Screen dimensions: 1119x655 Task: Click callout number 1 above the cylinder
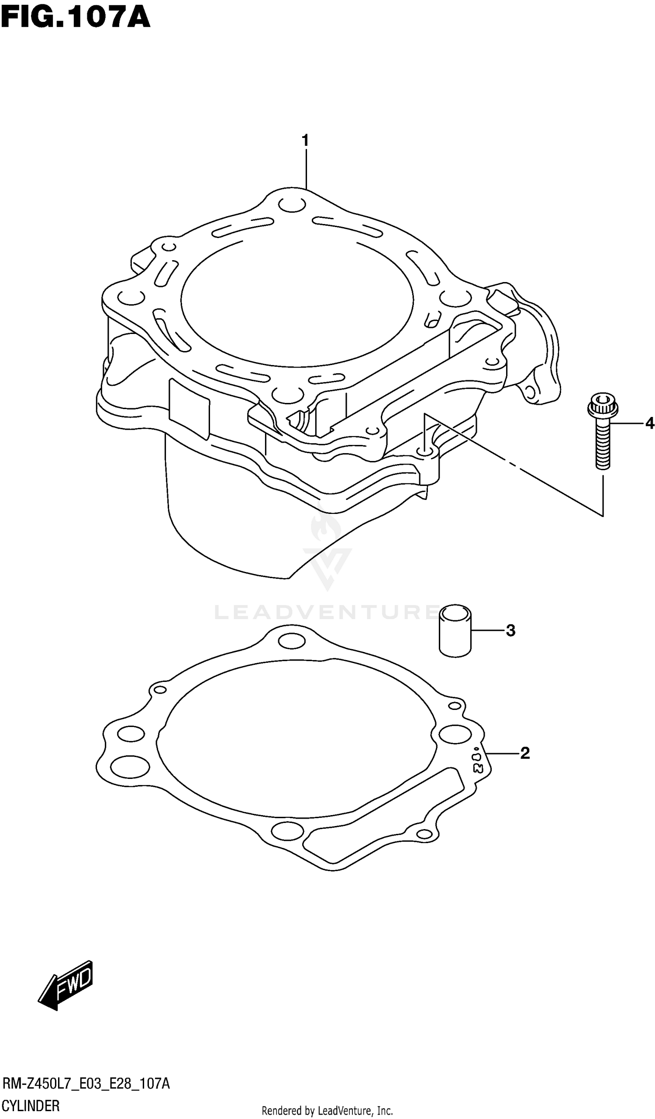(305, 141)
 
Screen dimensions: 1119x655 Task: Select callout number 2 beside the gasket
(524, 753)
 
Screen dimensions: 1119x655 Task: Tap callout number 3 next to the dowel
(510, 630)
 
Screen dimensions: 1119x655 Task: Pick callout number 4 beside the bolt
(649, 423)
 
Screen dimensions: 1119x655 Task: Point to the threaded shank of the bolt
(602, 446)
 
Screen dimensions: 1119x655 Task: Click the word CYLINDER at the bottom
(31, 1105)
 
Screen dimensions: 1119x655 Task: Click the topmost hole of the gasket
(292, 641)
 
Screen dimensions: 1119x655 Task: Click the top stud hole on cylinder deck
(292, 205)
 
